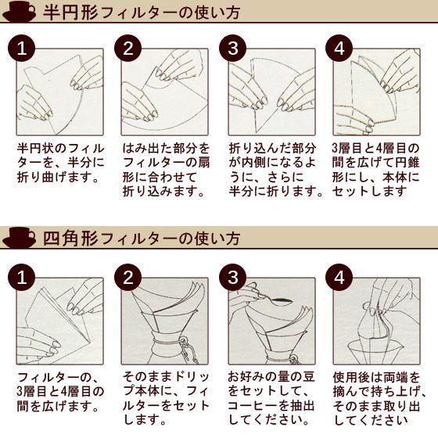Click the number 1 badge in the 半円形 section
pos(22,48)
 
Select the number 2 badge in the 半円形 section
pos(128,48)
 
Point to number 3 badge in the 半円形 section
pos(233,48)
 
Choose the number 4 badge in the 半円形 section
pos(339,48)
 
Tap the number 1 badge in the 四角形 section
pos(22,278)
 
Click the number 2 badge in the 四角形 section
pos(128,278)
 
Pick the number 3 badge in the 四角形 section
pos(233,278)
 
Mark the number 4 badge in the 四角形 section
pos(339,278)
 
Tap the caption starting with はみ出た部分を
pos(166,170)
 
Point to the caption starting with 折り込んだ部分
pos(276,170)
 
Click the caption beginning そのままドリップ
pos(166,398)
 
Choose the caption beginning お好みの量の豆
pos(271,398)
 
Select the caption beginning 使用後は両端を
pos(379,398)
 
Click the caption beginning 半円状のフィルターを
pos(60,163)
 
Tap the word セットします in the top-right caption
pos(369,192)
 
